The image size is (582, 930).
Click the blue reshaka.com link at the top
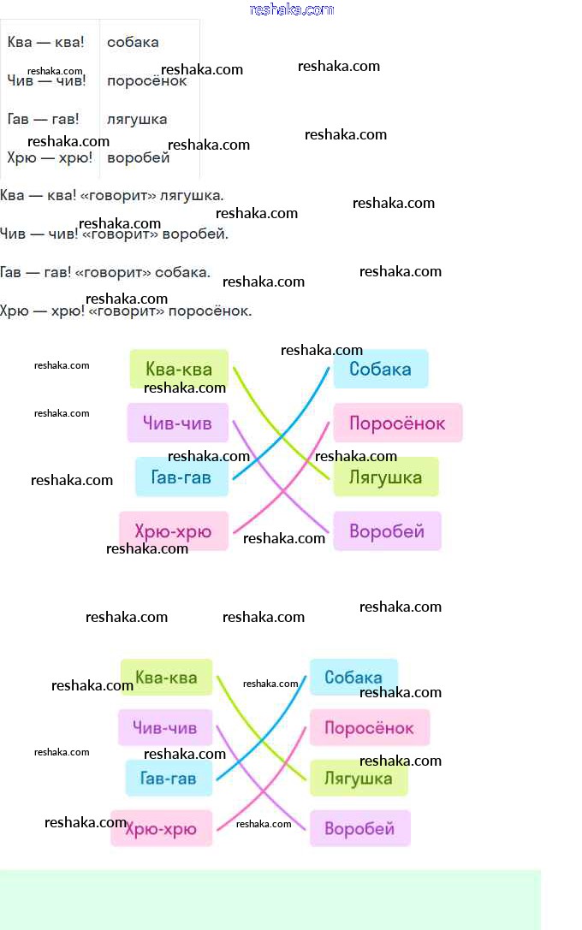(291, 9)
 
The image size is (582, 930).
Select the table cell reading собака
(133, 42)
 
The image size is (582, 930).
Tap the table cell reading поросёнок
(146, 81)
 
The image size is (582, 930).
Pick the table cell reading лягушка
(137, 119)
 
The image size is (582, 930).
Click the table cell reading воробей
(139, 157)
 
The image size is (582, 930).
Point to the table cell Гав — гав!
(43, 119)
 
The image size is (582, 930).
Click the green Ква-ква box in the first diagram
(179, 369)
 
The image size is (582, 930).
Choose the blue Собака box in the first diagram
(380, 369)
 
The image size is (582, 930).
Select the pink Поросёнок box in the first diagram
(397, 423)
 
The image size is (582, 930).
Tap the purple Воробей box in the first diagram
(387, 531)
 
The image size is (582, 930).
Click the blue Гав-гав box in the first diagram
(181, 477)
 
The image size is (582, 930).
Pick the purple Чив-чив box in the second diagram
(164, 728)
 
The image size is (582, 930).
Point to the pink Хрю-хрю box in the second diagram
(161, 828)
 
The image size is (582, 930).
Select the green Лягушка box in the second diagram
(358, 778)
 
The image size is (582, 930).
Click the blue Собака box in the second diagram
(353, 678)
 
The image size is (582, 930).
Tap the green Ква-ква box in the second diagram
(166, 678)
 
